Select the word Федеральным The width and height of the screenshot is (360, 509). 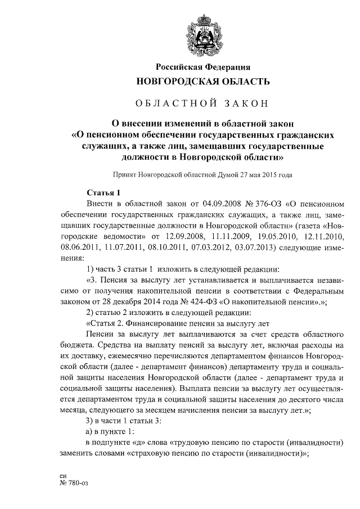(320, 290)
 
